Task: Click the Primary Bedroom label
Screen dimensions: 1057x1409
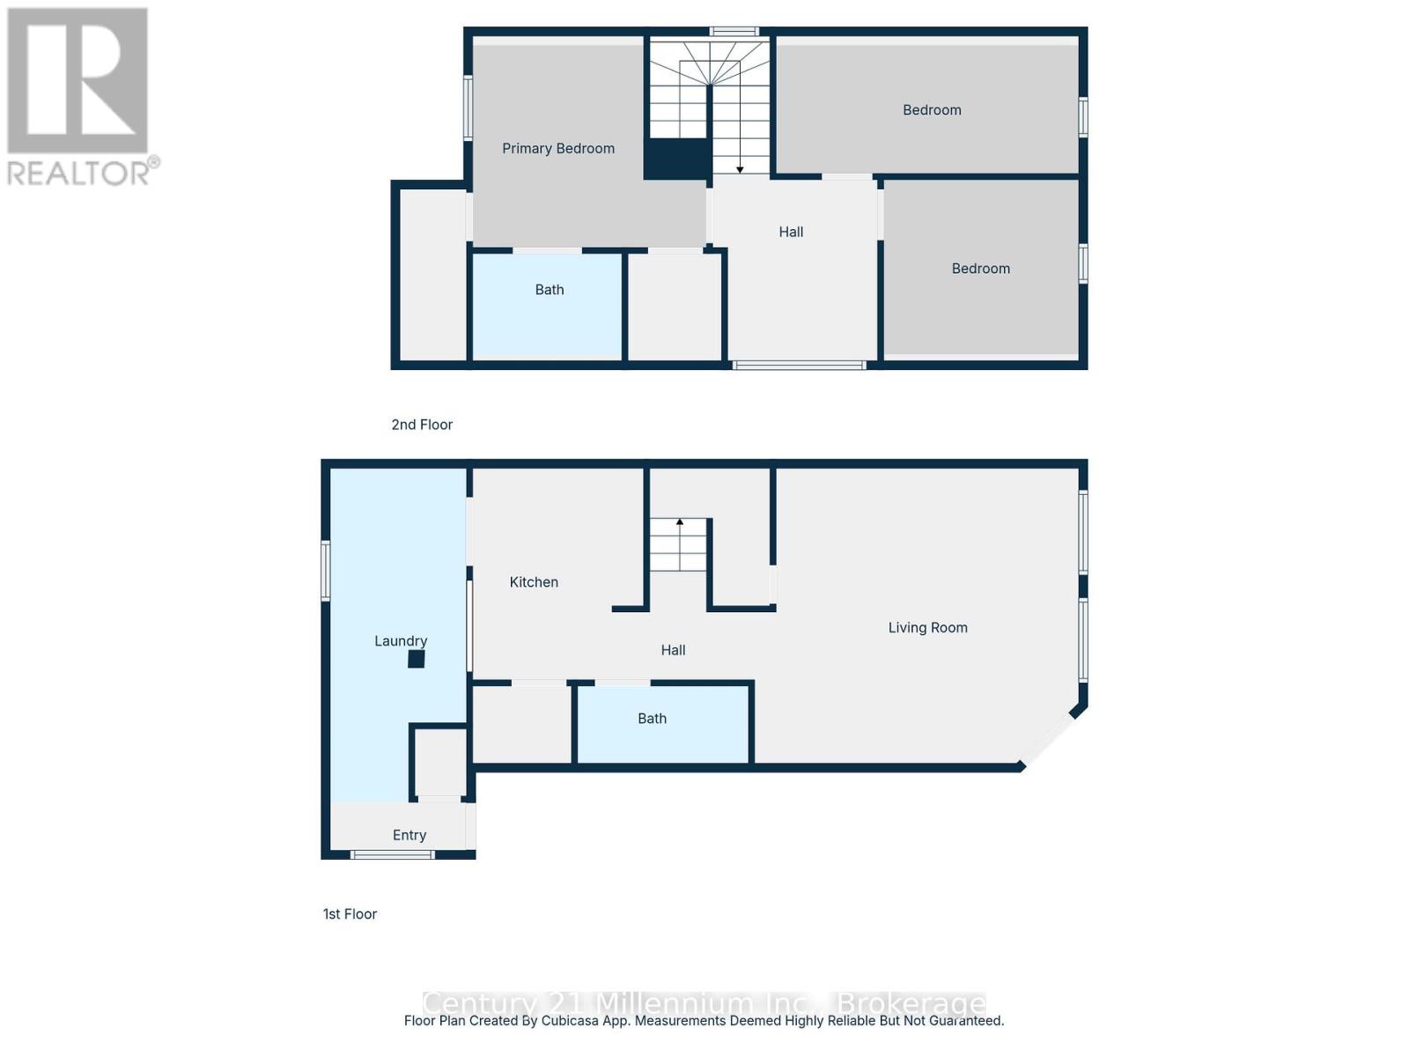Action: pos(558,149)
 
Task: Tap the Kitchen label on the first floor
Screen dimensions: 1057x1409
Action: pos(534,582)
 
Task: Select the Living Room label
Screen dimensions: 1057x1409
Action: pos(927,628)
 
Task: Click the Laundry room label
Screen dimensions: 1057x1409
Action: pos(401,641)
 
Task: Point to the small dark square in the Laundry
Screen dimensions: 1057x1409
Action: pos(417,659)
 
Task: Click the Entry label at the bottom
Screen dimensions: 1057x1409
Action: pos(409,835)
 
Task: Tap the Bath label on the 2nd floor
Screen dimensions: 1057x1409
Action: pos(550,290)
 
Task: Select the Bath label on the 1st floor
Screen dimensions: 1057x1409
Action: pos(652,719)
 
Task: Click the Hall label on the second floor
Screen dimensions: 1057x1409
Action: pos(791,233)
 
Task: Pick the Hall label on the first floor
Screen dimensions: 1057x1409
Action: pos(673,650)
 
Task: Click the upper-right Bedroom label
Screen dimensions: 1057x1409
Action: pos(932,110)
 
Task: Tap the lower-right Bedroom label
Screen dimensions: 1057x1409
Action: pos(980,269)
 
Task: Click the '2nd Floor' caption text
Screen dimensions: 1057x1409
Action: pos(422,425)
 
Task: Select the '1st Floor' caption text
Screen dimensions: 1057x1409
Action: pos(350,914)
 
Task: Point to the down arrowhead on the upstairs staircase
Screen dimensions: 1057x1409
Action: pos(740,169)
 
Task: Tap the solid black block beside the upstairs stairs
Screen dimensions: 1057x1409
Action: pos(676,159)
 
